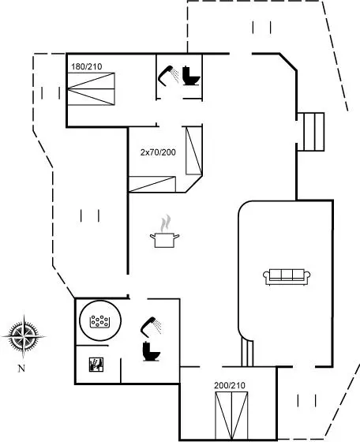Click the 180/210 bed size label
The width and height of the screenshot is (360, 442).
pyautogui.click(x=87, y=67)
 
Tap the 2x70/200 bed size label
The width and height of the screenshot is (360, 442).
pyautogui.click(x=158, y=152)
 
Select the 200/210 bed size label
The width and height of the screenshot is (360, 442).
pyautogui.click(x=230, y=385)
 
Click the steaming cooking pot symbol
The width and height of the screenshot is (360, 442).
pyautogui.click(x=165, y=232)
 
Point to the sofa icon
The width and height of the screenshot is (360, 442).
pyautogui.click(x=287, y=277)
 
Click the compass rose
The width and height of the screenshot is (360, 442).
pyautogui.click(x=24, y=336)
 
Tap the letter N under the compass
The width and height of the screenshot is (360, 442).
pyautogui.click(x=21, y=368)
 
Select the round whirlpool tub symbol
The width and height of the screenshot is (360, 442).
pyautogui.click(x=100, y=320)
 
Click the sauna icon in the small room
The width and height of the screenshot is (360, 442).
pyautogui.click(x=96, y=365)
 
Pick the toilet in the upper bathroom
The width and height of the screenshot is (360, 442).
pyautogui.click(x=191, y=76)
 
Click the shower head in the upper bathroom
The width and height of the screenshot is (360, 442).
pyautogui.click(x=169, y=75)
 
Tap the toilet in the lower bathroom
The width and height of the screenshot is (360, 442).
pyautogui.click(x=151, y=351)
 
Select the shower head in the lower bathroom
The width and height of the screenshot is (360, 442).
pyautogui.click(x=151, y=327)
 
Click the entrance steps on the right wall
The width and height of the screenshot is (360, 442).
pyautogui.click(x=311, y=132)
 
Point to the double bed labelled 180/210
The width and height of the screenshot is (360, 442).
pyautogui.click(x=91, y=88)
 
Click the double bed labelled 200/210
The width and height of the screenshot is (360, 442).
pyautogui.click(x=231, y=416)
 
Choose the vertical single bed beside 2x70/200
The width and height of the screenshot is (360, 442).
pyautogui.click(x=194, y=151)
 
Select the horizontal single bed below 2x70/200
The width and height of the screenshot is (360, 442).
pyautogui.click(x=152, y=185)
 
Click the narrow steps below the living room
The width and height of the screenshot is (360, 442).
pyautogui.click(x=247, y=354)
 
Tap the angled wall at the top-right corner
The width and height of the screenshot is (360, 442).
pyautogui.click(x=288, y=62)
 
